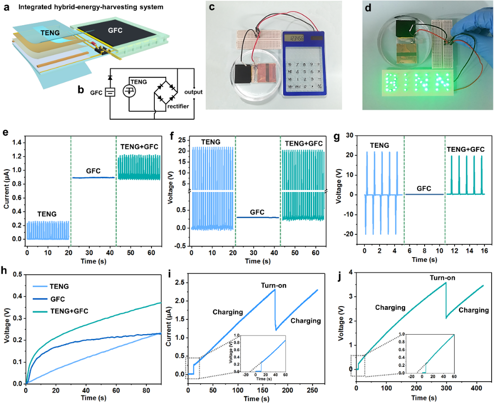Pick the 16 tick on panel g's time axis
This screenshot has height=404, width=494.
483,250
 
